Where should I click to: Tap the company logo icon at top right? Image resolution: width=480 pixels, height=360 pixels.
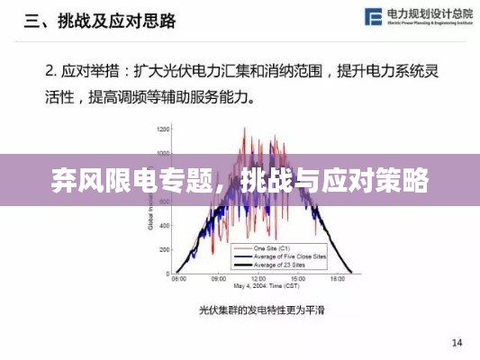click(372, 17)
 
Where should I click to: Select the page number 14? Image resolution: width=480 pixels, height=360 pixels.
click(457, 341)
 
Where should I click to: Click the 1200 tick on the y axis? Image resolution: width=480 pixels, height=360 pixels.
click(162, 129)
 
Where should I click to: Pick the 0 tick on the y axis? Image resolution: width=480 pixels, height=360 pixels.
click(168, 274)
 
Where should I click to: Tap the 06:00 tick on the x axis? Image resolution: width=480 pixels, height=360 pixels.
click(178, 280)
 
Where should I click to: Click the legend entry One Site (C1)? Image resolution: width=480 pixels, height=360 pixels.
click(271, 247)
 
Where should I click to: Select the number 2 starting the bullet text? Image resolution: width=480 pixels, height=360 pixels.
click(50, 68)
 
